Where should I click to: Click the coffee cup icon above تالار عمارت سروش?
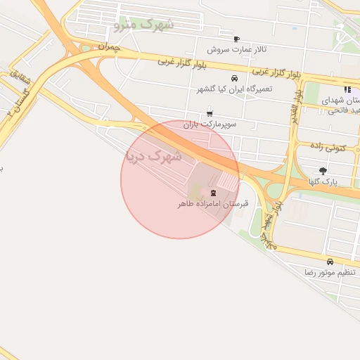[x=236, y=39]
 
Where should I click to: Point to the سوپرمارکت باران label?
[x=210, y=124]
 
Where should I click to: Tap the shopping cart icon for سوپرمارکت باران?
[x=210, y=113]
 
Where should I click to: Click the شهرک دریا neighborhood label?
[x=154, y=155]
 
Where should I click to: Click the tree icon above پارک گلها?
[x=323, y=170]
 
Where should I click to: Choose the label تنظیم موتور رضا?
[x=330, y=272]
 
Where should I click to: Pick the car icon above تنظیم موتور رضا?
[x=330, y=262]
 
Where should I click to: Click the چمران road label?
[x=110, y=47]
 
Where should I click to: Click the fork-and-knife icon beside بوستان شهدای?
[x=347, y=90]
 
